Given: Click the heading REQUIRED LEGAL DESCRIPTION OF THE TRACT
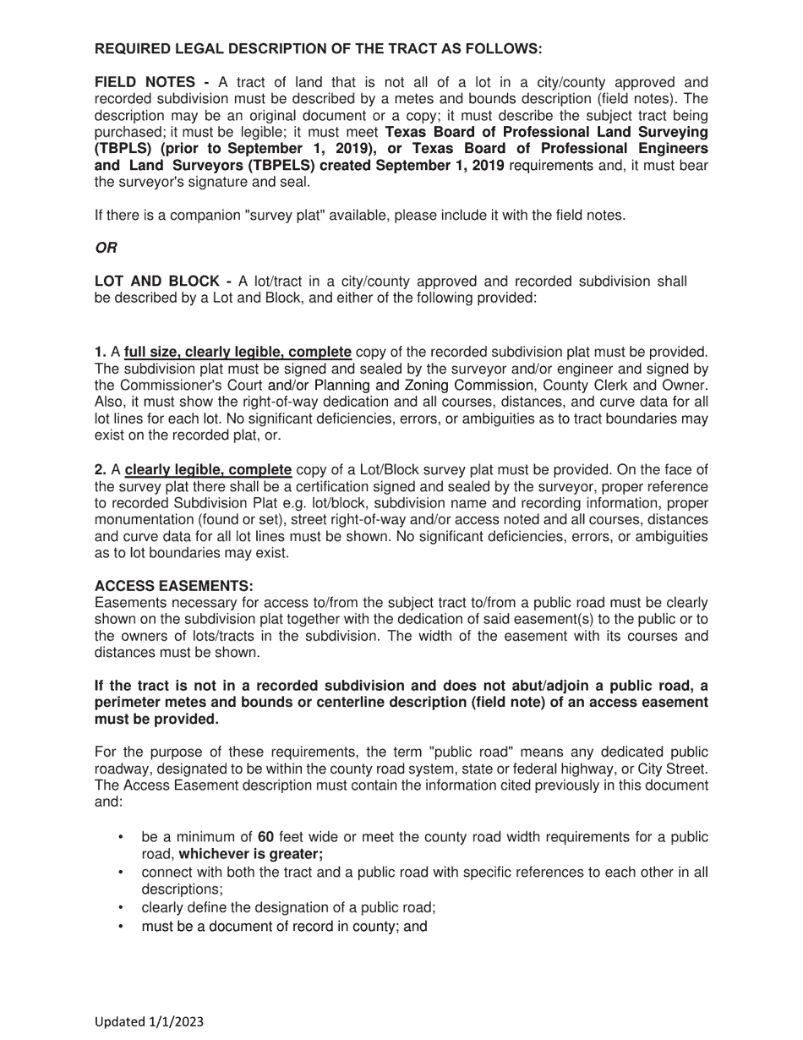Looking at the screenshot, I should click(x=318, y=49).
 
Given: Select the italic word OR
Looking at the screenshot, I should click(x=106, y=248).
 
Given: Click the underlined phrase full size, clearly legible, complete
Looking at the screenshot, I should click(x=238, y=352).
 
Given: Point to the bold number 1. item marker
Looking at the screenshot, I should click(x=101, y=352).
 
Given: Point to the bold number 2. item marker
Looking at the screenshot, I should click(x=101, y=470).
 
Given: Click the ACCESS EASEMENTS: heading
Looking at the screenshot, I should click(x=173, y=586).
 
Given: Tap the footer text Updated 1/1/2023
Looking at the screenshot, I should click(x=149, y=1021).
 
